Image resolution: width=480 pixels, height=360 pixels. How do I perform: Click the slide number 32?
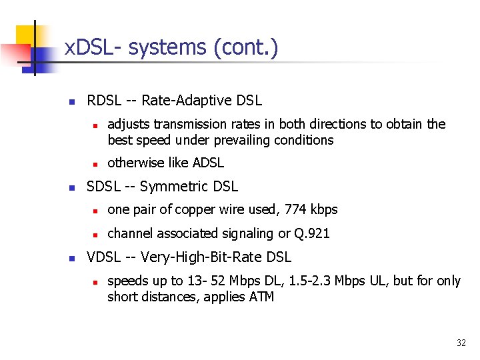[x=461, y=343]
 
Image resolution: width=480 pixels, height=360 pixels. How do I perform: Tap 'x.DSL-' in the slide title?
[x=93, y=48]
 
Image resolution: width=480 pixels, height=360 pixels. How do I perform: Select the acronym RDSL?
[x=104, y=101]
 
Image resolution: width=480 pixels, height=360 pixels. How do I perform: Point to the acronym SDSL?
[x=104, y=187]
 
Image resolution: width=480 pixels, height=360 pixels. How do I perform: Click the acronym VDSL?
[x=105, y=257]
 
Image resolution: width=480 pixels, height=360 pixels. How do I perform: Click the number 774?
[x=295, y=210]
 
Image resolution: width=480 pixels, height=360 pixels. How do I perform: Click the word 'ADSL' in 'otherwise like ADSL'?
[x=208, y=163]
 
